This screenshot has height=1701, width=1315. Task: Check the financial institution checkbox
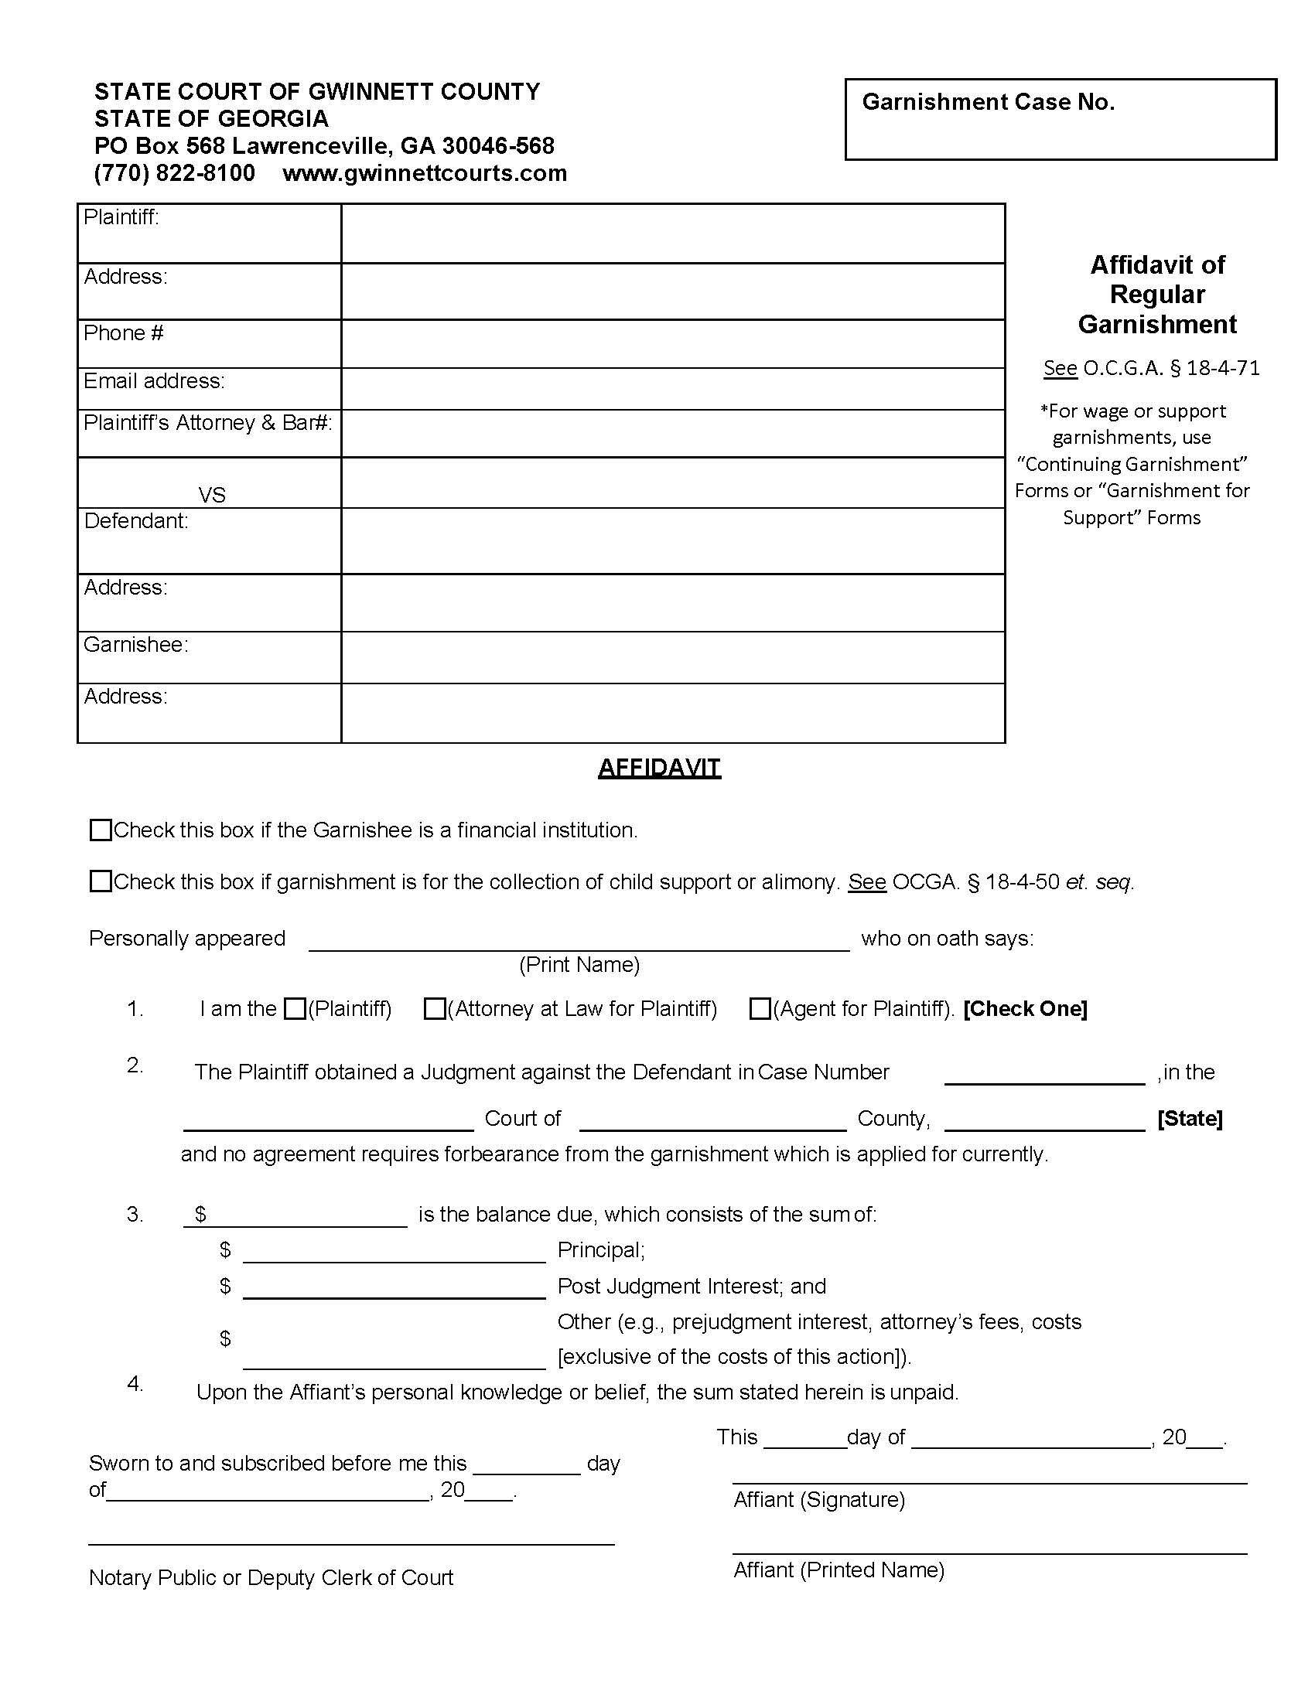click(101, 830)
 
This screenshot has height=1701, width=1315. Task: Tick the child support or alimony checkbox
click(101, 881)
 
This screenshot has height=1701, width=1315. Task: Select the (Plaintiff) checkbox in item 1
click(295, 1008)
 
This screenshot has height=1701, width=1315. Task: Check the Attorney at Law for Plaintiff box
click(434, 1008)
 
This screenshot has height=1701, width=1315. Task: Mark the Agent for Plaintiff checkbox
click(760, 1008)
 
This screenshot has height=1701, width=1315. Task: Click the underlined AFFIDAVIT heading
click(659, 768)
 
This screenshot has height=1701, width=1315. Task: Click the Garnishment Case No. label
click(988, 102)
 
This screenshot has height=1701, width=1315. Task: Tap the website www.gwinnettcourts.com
click(425, 173)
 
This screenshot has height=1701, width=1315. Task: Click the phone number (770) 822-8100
click(175, 173)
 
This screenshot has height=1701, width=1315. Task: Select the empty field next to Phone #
click(672, 343)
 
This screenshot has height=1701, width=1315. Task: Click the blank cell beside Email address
click(672, 389)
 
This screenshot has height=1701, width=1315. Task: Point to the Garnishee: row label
click(136, 645)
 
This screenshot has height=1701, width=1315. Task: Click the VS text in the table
click(212, 496)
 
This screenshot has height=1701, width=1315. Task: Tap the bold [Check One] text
click(1024, 1008)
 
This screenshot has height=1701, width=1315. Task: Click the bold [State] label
click(1190, 1119)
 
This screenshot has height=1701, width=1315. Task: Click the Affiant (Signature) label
click(818, 1499)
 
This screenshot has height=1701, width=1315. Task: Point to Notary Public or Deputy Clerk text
click(270, 1577)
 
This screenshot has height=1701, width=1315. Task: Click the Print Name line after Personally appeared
click(579, 941)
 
